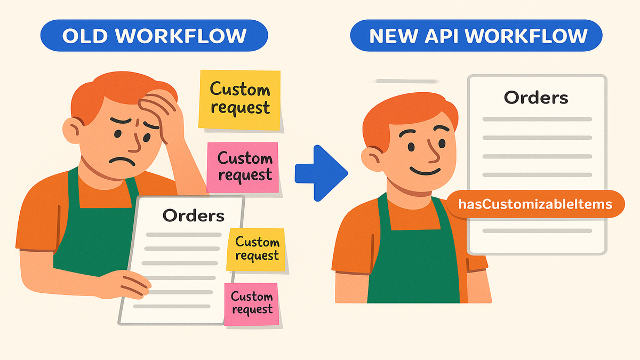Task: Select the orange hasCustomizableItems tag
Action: (x=535, y=204)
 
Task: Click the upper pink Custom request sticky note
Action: (x=243, y=167)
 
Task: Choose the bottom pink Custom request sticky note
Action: (x=251, y=303)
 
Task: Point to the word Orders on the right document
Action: (x=536, y=98)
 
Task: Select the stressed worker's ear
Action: (x=73, y=130)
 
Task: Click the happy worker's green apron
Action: (x=411, y=256)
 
